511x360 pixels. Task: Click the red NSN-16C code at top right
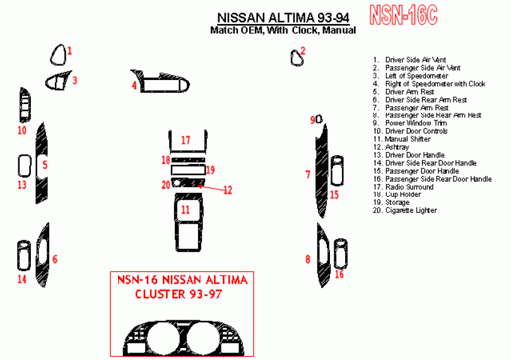point(403,15)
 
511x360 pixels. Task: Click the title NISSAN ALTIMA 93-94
point(283,17)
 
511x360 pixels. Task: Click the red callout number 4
point(134,85)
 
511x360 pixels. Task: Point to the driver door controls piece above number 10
point(25,105)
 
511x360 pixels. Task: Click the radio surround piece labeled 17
point(170,142)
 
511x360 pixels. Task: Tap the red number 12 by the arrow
point(228,190)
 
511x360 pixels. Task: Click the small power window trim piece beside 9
point(319,119)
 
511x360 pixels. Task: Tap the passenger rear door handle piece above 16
point(341,253)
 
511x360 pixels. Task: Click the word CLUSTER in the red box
point(160,294)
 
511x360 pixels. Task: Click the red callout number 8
point(308,259)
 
